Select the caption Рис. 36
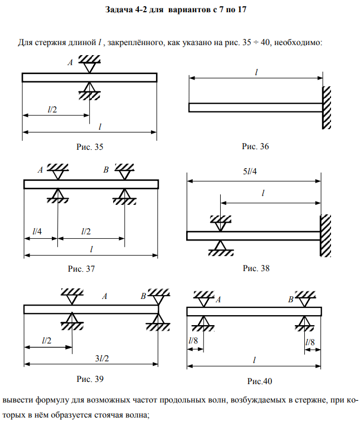point(256,146)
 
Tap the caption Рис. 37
point(81,268)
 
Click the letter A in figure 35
point(70,63)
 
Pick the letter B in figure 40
point(291,299)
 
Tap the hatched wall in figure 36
point(327,107)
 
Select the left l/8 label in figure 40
point(193,340)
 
